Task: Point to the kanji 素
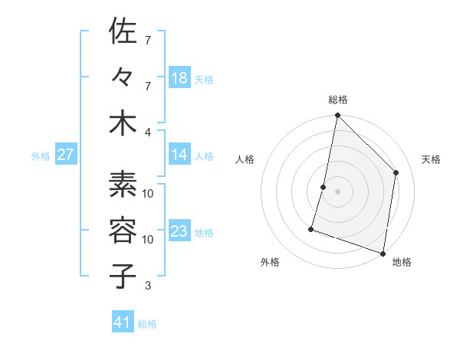[x=123, y=184]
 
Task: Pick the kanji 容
[x=123, y=230]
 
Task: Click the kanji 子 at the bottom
[x=123, y=276]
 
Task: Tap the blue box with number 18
[x=179, y=77]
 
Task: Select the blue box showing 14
[x=179, y=155]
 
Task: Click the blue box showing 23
[x=179, y=231]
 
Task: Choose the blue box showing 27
[x=65, y=155]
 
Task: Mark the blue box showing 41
[x=123, y=322]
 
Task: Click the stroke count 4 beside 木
[x=149, y=131]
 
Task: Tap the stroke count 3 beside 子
[x=148, y=286]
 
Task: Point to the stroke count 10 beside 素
[x=148, y=193]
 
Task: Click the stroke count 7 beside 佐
[x=148, y=39]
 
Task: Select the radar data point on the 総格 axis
[x=337, y=116]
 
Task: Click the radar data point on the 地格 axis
[x=383, y=253]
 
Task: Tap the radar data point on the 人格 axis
[x=324, y=187]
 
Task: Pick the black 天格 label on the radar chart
[x=431, y=159]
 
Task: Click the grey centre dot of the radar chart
[x=337, y=191]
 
